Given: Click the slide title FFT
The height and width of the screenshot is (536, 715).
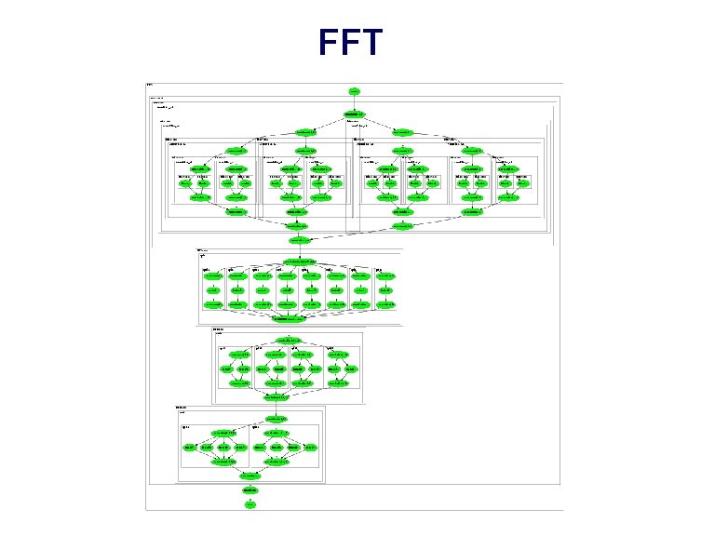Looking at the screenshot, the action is (x=349, y=43).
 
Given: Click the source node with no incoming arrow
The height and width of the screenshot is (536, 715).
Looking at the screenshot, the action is (x=354, y=91).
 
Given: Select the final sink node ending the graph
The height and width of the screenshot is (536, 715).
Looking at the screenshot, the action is (x=250, y=504).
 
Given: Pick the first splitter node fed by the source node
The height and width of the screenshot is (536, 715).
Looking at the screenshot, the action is (x=354, y=114).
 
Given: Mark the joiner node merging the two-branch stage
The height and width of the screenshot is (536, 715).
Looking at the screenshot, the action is (x=250, y=475).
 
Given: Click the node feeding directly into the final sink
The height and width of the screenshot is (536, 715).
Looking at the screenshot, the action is (x=250, y=489).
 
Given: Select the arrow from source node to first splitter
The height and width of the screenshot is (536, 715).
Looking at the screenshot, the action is (x=354, y=102).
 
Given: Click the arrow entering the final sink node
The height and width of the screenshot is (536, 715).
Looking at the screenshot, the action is (x=250, y=497).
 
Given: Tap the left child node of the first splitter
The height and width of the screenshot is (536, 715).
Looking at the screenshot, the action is (x=305, y=132).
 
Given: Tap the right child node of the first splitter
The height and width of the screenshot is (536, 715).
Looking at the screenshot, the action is (x=402, y=132).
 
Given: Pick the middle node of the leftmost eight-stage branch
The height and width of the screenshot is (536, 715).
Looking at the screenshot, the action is (x=213, y=290).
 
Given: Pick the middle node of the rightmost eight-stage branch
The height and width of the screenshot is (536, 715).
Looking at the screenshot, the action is (x=386, y=290).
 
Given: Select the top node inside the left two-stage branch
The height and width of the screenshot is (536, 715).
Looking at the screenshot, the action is (x=223, y=434).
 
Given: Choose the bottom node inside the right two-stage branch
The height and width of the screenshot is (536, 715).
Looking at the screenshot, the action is (x=277, y=462).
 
